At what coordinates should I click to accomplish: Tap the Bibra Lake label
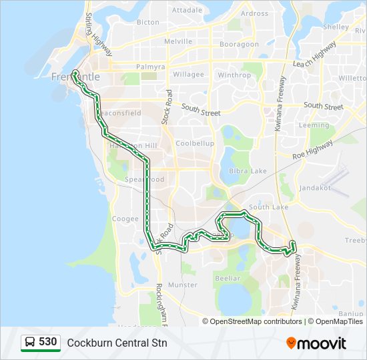[x=248, y=171]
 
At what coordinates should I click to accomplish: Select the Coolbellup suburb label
[x=195, y=143]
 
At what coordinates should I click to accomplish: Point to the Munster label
[x=183, y=285]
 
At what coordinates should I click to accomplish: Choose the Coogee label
[x=125, y=219]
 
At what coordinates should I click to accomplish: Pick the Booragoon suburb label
[x=240, y=45]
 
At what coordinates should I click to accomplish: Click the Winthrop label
[x=234, y=75]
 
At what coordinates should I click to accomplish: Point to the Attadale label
[x=187, y=11]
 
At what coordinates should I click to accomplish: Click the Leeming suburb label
[x=314, y=125]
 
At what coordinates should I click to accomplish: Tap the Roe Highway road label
[x=314, y=150]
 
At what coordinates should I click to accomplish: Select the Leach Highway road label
[x=314, y=55]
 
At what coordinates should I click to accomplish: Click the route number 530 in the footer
[x=47, y=342]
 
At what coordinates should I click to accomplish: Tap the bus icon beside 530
[x=30, y=343]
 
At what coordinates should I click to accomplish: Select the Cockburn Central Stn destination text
[x=117, y=343]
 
